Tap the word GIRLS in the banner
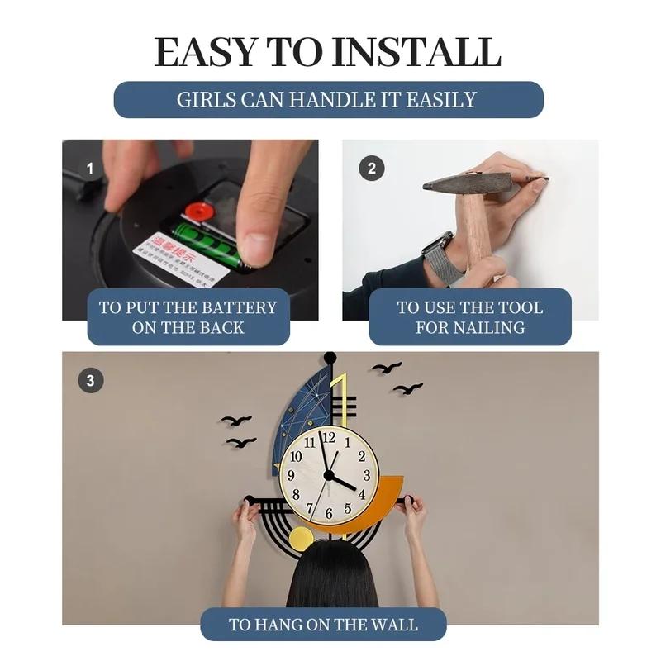[x=207, y=100]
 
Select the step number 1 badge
[x=91, y=169]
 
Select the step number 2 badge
[x=372, y=169]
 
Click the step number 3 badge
[x=91, y=381]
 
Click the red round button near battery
[x=199, y=211]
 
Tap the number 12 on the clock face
[x=329, y=438]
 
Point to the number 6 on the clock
[x=329, y=513]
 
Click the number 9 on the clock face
[x=291, y=476]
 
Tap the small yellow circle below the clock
[x=302, y=539]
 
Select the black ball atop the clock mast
[x=330, y=358]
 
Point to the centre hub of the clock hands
[x=329, y=476]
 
